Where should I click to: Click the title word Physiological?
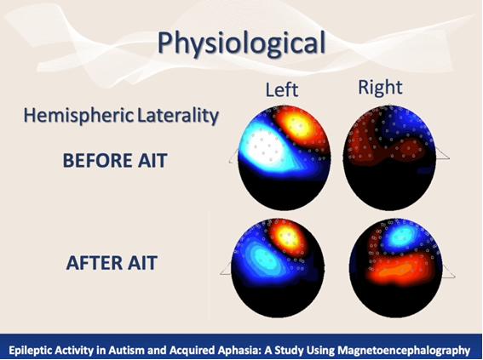242,43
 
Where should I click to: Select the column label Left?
282,90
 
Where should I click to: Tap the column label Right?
380,88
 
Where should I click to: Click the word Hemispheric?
78,116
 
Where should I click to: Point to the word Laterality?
178,115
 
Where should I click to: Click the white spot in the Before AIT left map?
265,149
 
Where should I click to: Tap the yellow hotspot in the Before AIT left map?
297,124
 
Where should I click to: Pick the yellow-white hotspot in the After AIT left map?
288,237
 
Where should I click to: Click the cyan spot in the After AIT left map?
262,258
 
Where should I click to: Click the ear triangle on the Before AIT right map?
442,153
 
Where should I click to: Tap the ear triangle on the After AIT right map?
448,271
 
